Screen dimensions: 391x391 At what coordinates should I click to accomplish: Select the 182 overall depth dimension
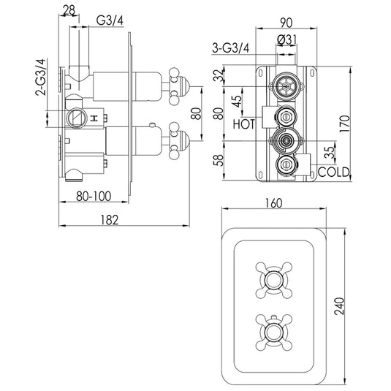click(x=107, y=219)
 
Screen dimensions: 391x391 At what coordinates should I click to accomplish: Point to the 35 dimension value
click(x=330, y=151)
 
